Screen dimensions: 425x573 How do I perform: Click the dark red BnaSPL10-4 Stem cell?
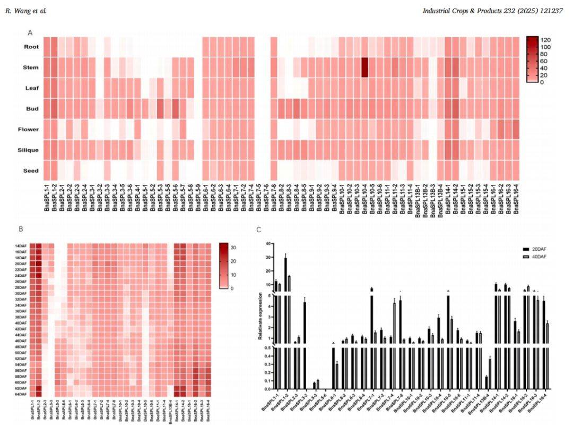pyautogui.click(x=364, y=67)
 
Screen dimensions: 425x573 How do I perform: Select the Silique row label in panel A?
pyautogui.click(x=28, y=150)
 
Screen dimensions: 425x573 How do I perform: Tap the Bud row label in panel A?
pyautogui.click(x=31, y=109)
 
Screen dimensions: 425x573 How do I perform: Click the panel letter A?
pyautogui.click(x=30, y=33)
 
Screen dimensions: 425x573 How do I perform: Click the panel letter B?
pyautogui.click(x=21, y=229)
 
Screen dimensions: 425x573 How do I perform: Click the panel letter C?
pyautogui.click(x=258, y=229)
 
